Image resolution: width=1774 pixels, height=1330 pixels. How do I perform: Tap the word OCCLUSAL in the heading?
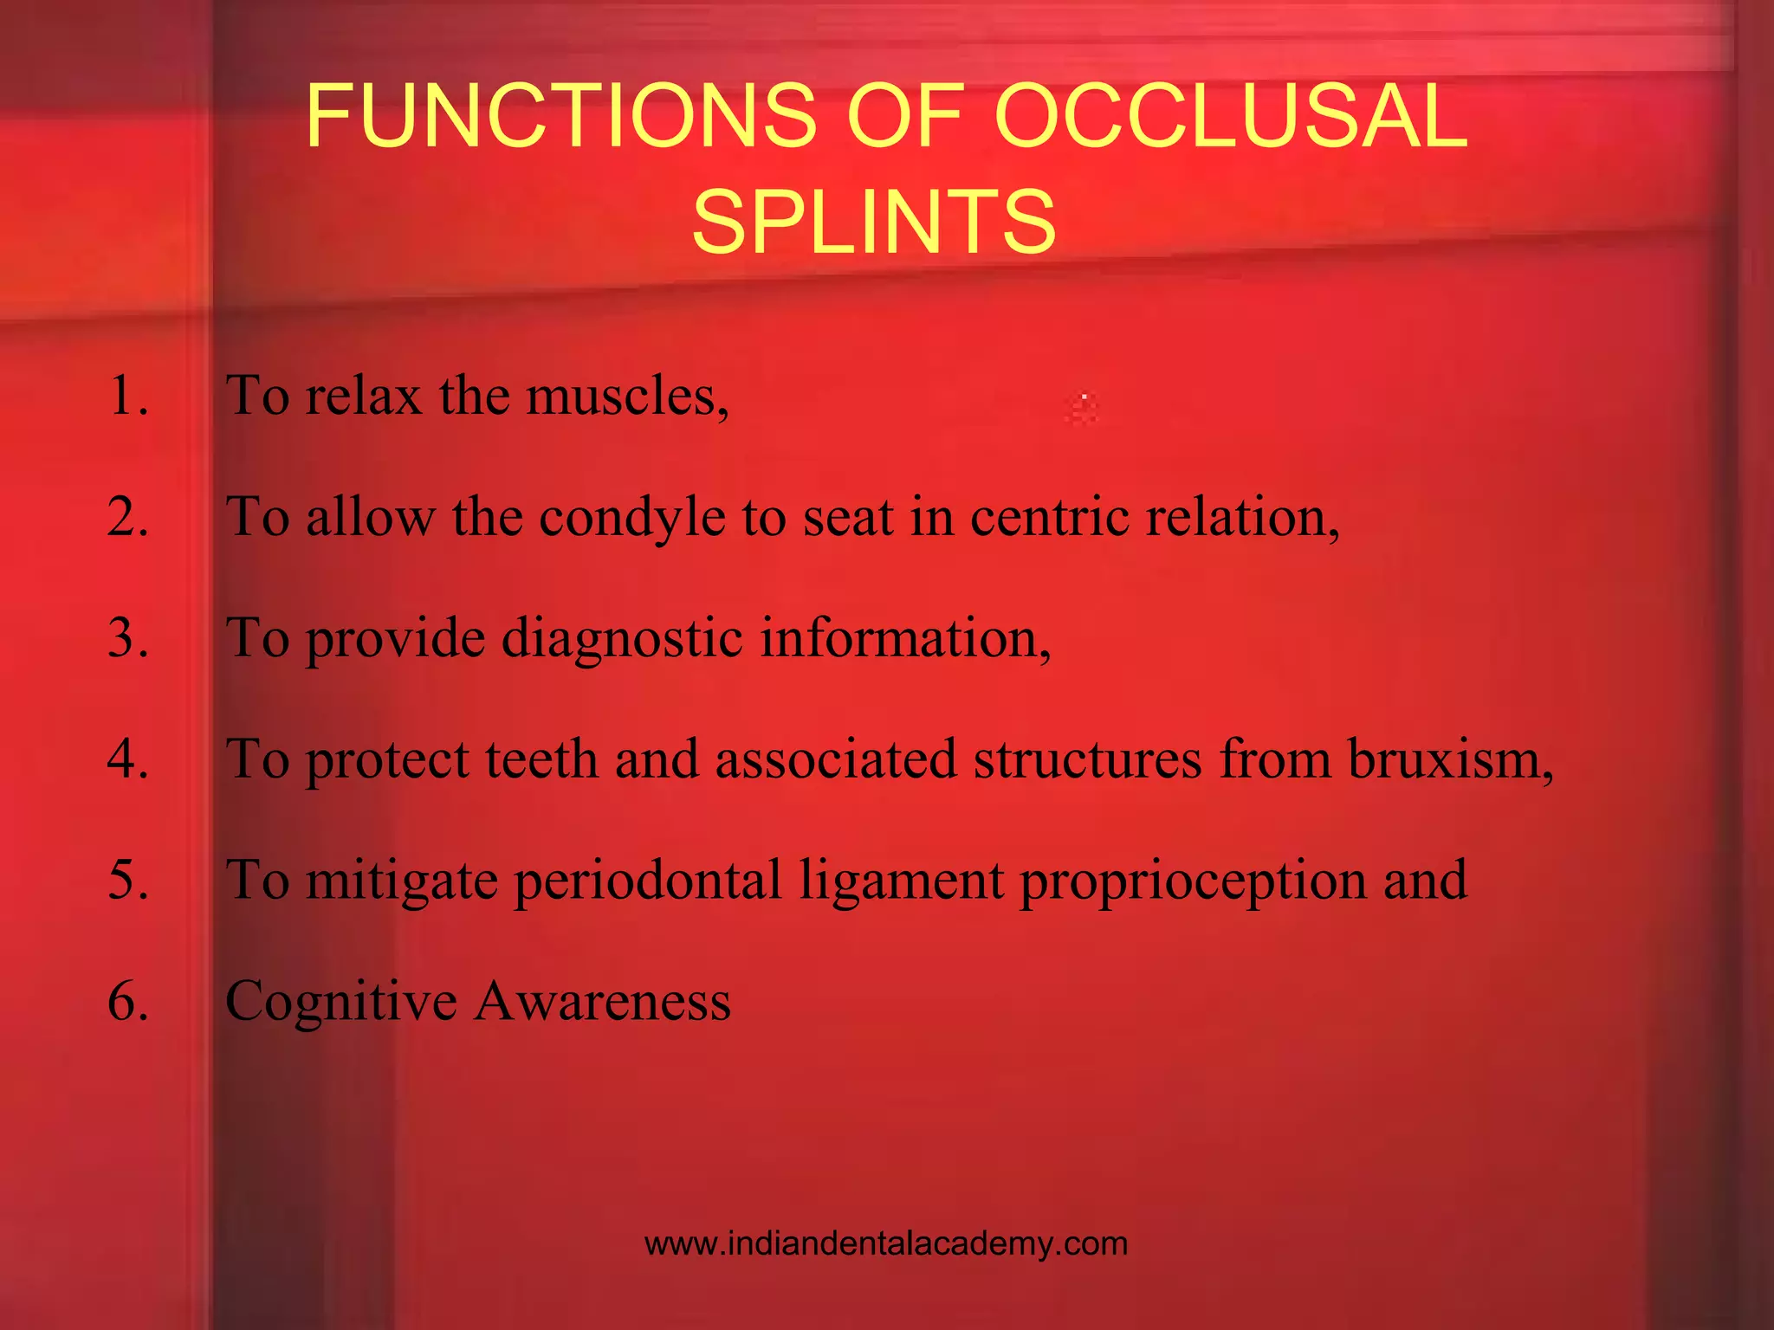(1231, 116)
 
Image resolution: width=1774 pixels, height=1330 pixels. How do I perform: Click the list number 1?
(128, 396)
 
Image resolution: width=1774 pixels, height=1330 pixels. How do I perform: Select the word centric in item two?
(1049, 518)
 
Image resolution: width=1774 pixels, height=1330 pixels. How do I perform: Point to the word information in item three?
(904, 639)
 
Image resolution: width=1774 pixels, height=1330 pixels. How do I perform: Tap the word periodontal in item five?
(647, 881)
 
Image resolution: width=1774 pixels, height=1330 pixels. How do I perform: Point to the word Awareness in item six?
(602, 1002)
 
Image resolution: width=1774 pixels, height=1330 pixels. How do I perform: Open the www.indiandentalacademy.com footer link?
(886, 1244)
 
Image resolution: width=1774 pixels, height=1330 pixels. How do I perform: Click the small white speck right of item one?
(1084, 397)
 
